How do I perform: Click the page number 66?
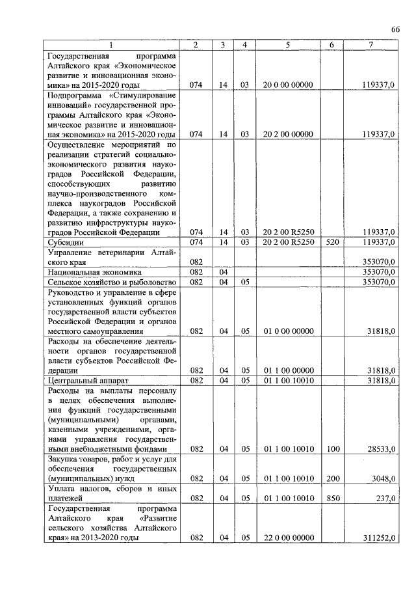coord(395,29)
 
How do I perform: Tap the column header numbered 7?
coord(370,44)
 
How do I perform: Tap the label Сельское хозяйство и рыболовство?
coord(107,282)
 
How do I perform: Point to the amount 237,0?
coord(386,499)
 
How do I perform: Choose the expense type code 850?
coord(331,499)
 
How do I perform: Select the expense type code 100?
coord(331,449)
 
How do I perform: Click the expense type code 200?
coord(331,479)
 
